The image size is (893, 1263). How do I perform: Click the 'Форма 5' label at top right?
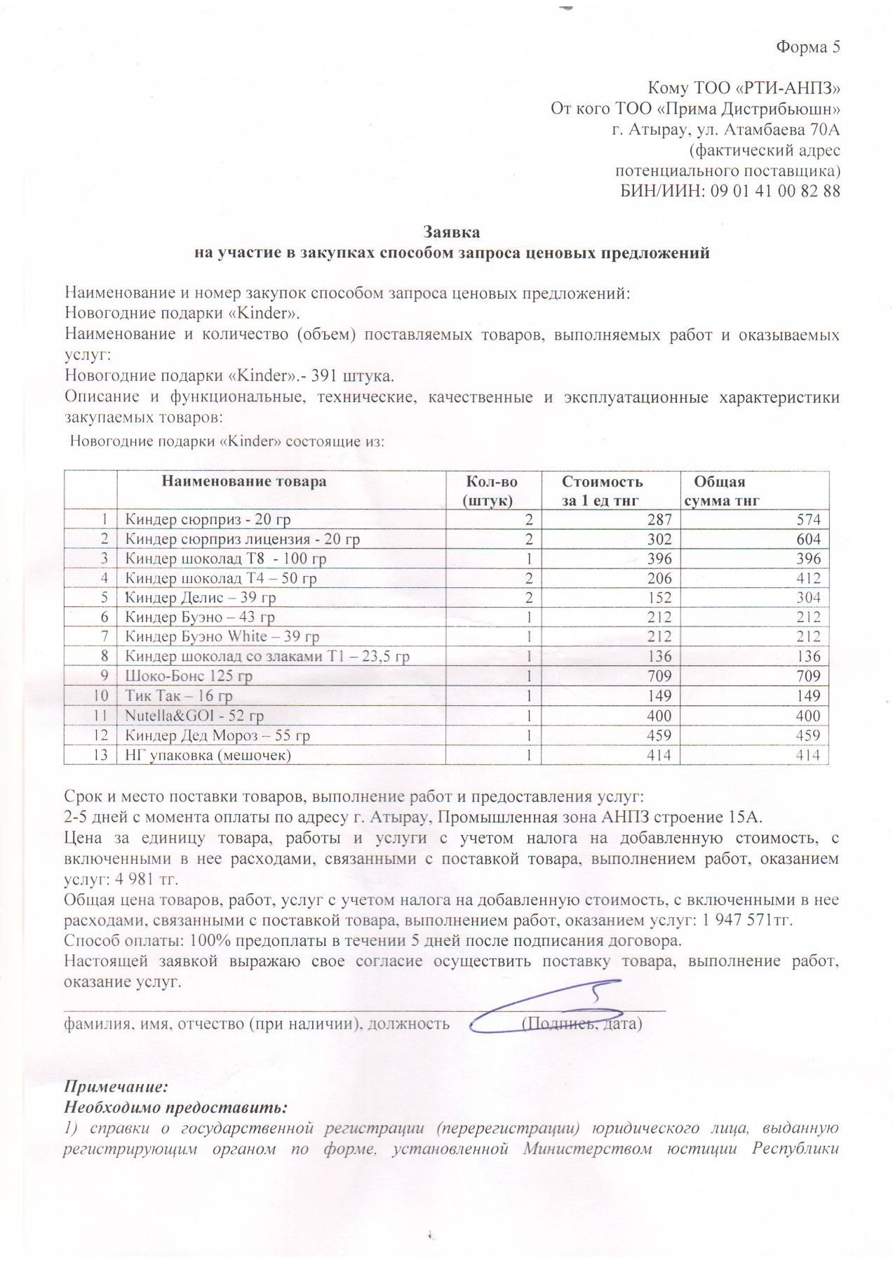807,48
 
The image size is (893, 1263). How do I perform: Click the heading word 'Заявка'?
452,232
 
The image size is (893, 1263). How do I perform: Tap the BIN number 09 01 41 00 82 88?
774,191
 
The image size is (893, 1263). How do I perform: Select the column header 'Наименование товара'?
244,481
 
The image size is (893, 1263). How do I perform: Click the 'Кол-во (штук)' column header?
491,490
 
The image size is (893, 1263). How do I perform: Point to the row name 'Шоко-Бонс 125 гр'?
189,676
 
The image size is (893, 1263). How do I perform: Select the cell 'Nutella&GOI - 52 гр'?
194,716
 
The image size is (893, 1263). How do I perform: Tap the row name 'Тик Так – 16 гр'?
179,696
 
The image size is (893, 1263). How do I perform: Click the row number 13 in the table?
101,755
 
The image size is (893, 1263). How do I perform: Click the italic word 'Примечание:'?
116,1088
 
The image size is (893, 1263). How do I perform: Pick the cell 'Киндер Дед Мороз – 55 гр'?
217,735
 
